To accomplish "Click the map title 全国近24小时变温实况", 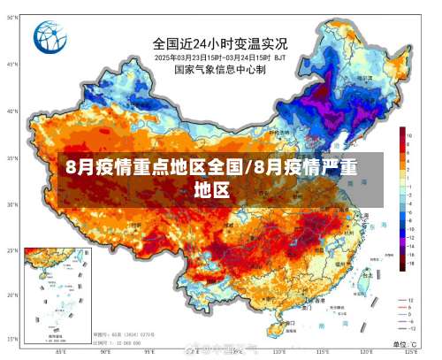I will pyautogui.click(x=220, y=42).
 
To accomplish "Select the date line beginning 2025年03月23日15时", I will pyautogui.click(x=220, y=57).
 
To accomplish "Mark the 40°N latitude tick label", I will pyautogui.click(x=11, y=111).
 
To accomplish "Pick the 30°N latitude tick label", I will pyautogui.click(x=11, y=204).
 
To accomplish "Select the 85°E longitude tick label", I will pyautogui.click(x=60, y=351).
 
